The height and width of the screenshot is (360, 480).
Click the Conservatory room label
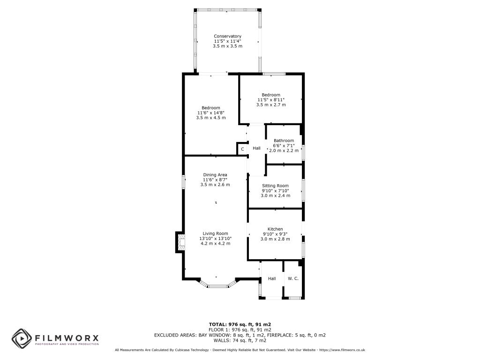tap(227, 36)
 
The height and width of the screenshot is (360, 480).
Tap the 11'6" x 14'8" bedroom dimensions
tap(210, 112)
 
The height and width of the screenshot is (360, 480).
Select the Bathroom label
tap(284, 141)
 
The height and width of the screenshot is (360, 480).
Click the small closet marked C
tap(242, 150)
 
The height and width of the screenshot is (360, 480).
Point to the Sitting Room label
tap(275, 186)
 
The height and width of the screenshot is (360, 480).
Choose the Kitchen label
tap(275, 229)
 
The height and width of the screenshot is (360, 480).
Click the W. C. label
tap(293, 278)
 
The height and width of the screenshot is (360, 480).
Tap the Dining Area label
tap(215, 175)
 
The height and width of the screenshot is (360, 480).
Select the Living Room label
tap(215, 233)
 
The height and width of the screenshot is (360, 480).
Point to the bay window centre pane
tap(218, 285)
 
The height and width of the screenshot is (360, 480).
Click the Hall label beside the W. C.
tap(272, 278)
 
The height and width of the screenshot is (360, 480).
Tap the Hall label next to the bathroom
tap(256, 148)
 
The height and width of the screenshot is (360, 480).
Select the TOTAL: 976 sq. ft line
tap(240, 324)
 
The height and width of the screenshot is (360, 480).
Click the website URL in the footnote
tap(343, 350)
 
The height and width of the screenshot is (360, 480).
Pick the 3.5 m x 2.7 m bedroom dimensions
tap(271, 105)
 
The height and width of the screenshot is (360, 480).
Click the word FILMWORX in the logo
tap(67, 337)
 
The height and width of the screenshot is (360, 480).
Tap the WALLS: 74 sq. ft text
tap(240, 340)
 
